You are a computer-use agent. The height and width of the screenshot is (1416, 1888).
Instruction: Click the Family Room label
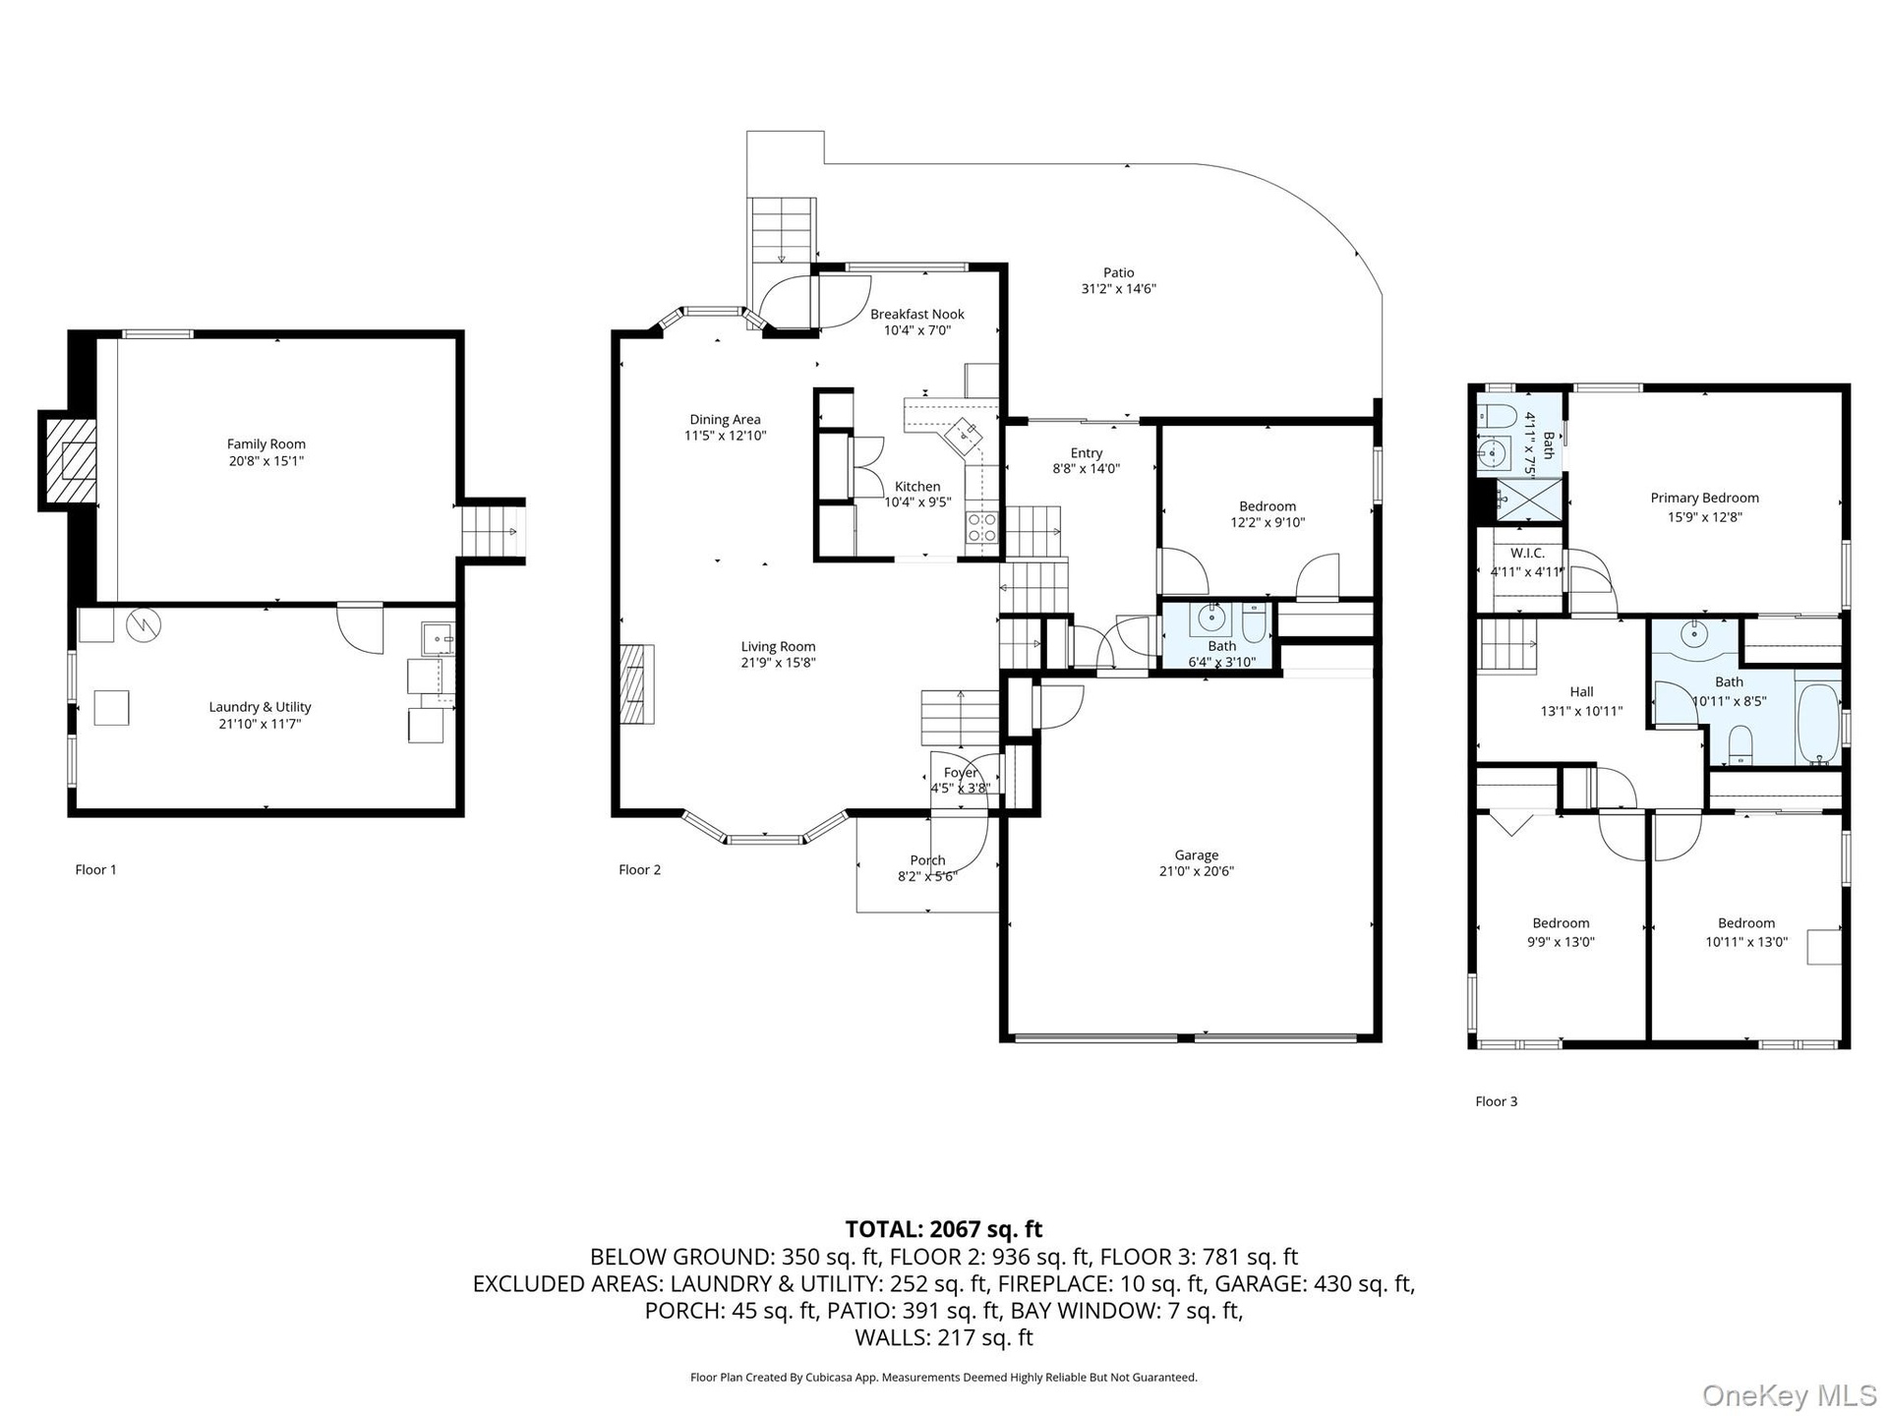[265, 444]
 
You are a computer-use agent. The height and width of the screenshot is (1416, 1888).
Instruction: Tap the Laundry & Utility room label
[260, 707]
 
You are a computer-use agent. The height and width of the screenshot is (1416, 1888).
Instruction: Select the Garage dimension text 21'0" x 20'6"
[1196, 871]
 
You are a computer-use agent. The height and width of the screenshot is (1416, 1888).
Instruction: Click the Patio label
[1118, 272]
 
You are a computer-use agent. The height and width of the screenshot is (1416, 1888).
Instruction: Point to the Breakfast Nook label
[916, 315]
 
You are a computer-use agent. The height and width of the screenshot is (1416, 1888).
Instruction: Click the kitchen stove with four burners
[981, 528]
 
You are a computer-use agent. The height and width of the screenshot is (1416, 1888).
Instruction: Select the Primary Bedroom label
[1704, 499]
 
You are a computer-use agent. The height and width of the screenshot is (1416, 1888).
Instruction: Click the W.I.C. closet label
[1526, 554]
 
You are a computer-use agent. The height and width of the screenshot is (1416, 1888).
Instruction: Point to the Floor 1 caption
[95, 869]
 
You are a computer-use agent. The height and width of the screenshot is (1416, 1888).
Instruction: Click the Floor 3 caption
[1496, 1101]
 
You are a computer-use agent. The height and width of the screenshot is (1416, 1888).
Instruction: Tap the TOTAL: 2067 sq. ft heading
[943, 1229]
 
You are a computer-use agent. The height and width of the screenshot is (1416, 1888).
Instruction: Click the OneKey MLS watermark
[1790, 1395]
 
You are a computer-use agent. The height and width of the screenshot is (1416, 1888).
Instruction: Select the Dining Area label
[725, 420]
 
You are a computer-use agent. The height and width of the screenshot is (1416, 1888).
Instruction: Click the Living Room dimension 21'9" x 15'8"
[778, 663]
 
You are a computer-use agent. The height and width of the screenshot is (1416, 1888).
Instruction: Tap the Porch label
[927, 860]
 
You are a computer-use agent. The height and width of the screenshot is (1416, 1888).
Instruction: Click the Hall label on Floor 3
[1581, 692]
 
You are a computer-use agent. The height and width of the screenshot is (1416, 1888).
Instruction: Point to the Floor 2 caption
[639, 869]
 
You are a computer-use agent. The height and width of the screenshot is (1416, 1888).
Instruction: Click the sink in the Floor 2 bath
[1210, 619]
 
